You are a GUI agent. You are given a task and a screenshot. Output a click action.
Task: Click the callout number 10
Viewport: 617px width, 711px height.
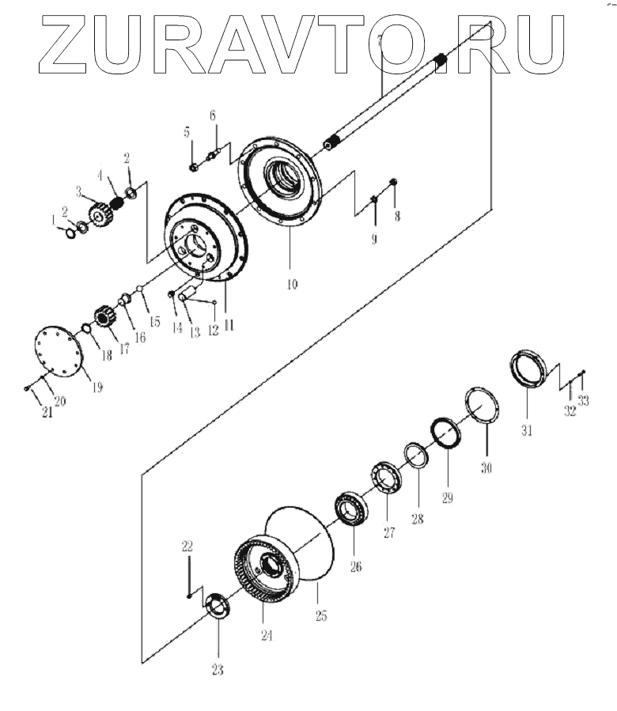[292, 282]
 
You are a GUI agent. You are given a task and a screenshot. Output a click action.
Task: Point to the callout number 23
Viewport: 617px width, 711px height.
[217, 670]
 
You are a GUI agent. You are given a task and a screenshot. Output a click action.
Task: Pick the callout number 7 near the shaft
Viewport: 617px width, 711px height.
[380, 40]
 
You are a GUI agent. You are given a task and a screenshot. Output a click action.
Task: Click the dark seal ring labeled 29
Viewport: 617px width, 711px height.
[445, 434]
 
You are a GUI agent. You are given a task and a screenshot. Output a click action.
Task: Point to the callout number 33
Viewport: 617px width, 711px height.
[583, 401]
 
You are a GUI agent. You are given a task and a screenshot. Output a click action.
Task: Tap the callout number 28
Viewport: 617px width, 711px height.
[417, 520]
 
